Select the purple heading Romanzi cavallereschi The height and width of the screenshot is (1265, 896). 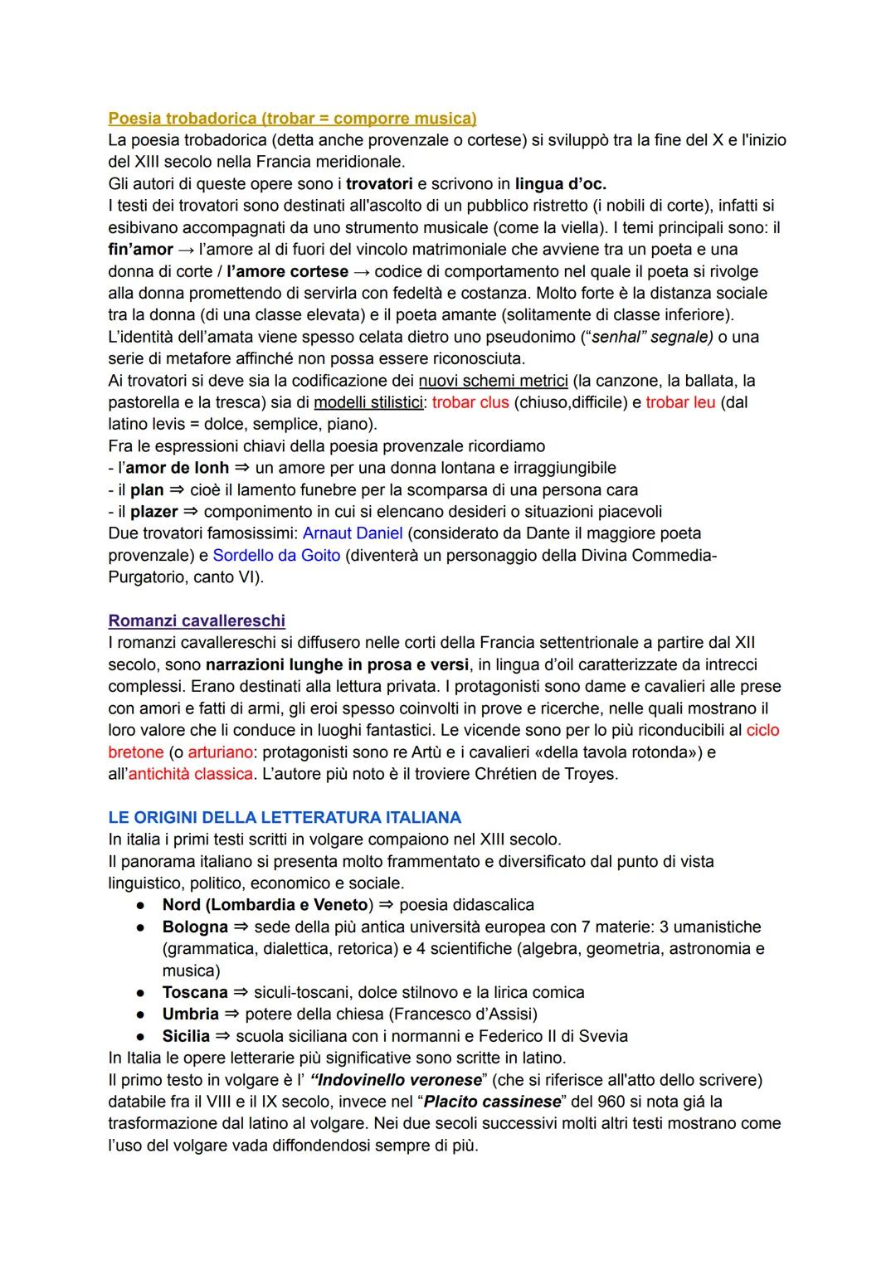coord(197,620)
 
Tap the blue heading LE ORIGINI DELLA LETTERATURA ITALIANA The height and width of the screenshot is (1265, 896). coord(285,817)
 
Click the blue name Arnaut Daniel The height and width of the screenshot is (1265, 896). coord(353,533)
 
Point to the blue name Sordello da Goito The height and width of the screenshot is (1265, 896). coord(276,555)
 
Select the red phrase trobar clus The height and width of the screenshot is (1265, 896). coord(470,402)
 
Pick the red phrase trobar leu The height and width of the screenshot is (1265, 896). coord(680,402)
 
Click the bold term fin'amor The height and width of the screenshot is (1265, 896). coord(140,249)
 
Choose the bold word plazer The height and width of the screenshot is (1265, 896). coord(154,512)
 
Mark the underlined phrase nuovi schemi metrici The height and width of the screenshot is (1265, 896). coord(493,381)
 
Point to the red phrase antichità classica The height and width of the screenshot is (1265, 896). coord(190,774)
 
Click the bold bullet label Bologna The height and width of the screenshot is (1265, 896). coord(195,927)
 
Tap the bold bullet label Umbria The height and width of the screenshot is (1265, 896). coord(191,1014)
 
